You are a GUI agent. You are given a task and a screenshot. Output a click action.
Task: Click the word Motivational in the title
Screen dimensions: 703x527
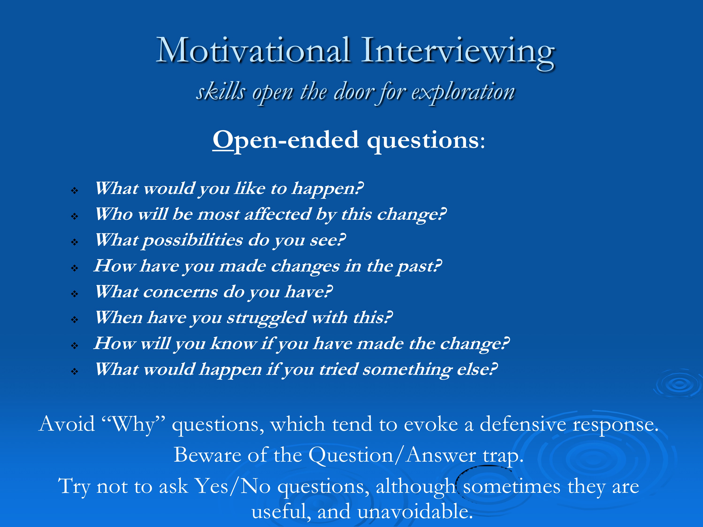(x=253, y=50)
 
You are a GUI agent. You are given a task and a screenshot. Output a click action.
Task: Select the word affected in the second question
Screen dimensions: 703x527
(x=278, y=214)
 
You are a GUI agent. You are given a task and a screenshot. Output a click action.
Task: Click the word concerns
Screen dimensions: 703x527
(x=180, y=292)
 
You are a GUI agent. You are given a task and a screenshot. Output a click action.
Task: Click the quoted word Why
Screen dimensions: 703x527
(x=133, y=425)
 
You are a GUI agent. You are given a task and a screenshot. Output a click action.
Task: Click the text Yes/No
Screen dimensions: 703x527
(x=232, y=486)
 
